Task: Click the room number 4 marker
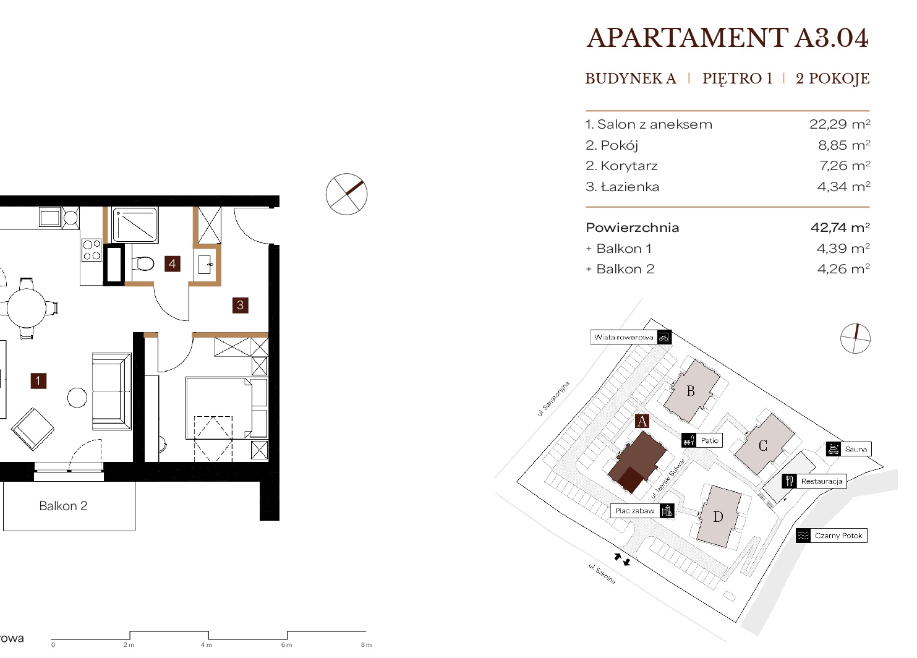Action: (173, 263)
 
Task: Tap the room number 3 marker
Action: (241, 305)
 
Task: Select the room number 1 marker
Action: (38, 381)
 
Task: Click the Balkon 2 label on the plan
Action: (64, 506)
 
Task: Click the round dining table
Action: (27, 308)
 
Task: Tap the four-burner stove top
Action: (92, 250)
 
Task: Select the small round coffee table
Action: (77, 397)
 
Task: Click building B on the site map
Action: (691, 391)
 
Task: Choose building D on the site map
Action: (719, 516)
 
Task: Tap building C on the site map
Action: (764, 445)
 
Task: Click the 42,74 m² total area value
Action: (840, 227)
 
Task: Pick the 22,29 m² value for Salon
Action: (840, 124)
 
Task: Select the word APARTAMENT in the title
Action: (688, 38)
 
